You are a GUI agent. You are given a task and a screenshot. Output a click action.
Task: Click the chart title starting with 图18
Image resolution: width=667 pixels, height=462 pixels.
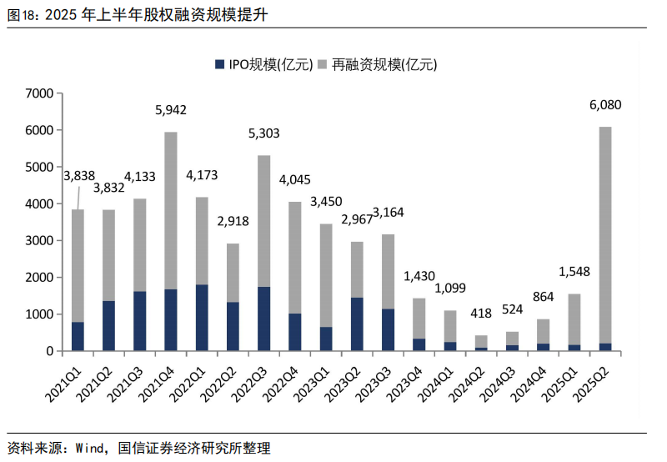138,14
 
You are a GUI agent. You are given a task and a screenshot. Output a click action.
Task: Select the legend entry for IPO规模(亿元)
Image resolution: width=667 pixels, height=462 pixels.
258,64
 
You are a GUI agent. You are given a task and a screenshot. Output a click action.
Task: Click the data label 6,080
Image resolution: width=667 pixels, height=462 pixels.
605,105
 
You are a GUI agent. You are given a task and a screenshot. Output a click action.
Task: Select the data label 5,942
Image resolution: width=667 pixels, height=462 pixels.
171,110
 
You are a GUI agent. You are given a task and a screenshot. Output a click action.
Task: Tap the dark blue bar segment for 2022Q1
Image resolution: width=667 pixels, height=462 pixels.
202,317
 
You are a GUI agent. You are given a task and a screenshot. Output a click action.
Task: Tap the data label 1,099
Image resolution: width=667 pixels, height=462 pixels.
450,289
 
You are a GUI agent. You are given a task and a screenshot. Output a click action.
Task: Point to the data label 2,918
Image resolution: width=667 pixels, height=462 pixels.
233,222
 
